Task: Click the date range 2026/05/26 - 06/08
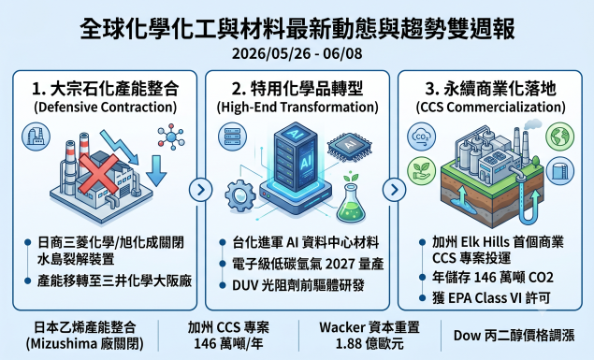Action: (x=297, y=53)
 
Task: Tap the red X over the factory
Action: (x=98, y=174)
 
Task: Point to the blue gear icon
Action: (x=240, y=195)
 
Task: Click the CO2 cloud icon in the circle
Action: (x=421, y=137)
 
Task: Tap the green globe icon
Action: (x=559, y=136)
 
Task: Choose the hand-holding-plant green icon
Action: (x=421, y=171)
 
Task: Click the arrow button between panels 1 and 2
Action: (x=201, y=189)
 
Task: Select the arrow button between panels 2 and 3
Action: (x=394, y=189)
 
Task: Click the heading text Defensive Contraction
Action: (x=106, y=108)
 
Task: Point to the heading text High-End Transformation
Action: (x=297, y=108)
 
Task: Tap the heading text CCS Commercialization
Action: (x=490, y=108)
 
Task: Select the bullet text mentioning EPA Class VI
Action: (x=491, y=298)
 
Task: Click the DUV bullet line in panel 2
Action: (x=298, y=285)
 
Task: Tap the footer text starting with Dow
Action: (x=514, y=336)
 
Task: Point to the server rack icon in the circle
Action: (x=232, y=137)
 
